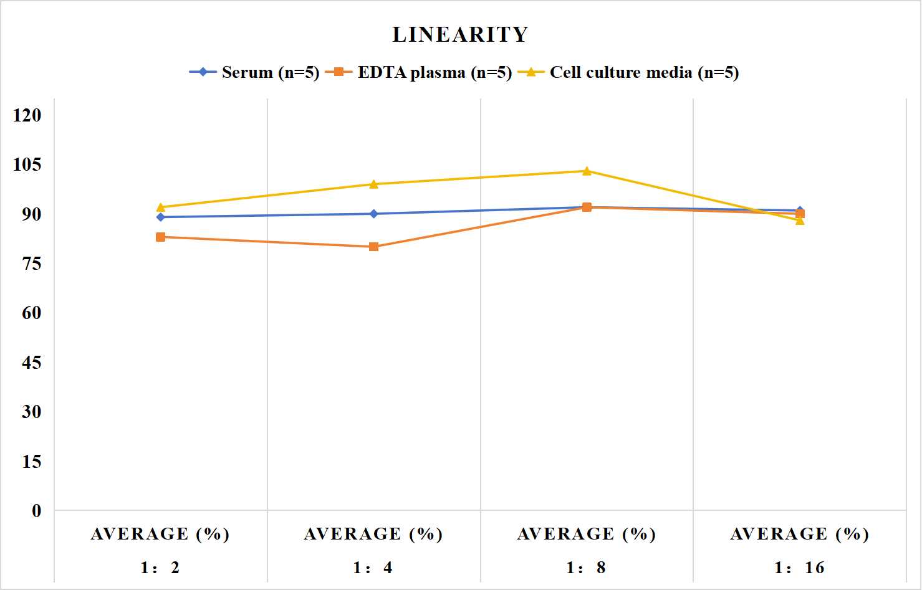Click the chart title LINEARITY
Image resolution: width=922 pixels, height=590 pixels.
(460, 34)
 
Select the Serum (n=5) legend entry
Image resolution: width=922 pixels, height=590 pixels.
(254, 72)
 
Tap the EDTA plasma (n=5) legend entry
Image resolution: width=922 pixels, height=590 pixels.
(418, 72)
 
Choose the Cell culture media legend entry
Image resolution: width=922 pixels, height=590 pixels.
(628, 72)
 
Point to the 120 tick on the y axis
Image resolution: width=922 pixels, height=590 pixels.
(27, 115)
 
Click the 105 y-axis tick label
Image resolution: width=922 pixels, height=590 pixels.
(27, 164)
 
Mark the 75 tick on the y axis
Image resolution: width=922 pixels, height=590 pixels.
(32, 264)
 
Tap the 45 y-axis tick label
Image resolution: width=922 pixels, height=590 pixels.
(32, 363)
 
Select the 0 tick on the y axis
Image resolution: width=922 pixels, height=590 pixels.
(37, 511)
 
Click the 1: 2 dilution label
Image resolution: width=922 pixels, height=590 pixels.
(160, 568)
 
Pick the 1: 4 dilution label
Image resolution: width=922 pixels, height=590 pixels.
(373, 568)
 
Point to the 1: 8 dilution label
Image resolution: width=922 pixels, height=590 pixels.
(586, 568)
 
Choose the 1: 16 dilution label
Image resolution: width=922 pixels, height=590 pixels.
(799, 568)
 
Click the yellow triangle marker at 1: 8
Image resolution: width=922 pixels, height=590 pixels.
(587, 171)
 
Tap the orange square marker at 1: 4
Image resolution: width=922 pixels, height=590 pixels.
(374, 247)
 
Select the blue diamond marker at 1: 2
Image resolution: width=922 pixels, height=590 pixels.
(161, 217)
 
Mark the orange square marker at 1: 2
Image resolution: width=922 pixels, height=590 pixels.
(161, 237)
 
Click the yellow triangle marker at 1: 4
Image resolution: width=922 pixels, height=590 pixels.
(374, 184)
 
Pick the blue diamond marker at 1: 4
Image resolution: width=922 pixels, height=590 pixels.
(374, 214)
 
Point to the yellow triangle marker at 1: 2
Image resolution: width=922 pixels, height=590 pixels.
(161, 207)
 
